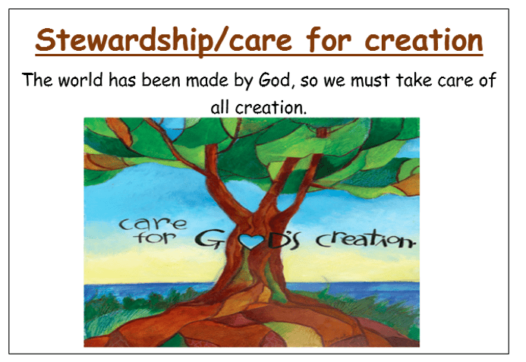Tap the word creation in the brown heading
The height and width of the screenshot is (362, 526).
424,39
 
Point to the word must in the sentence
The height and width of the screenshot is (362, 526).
370,80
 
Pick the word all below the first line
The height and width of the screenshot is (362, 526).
220,107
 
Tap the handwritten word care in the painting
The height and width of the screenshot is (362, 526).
153,224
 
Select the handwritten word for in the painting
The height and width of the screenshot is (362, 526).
155,237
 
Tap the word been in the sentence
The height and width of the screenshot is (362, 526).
161,80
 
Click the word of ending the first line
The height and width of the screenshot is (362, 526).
487,80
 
